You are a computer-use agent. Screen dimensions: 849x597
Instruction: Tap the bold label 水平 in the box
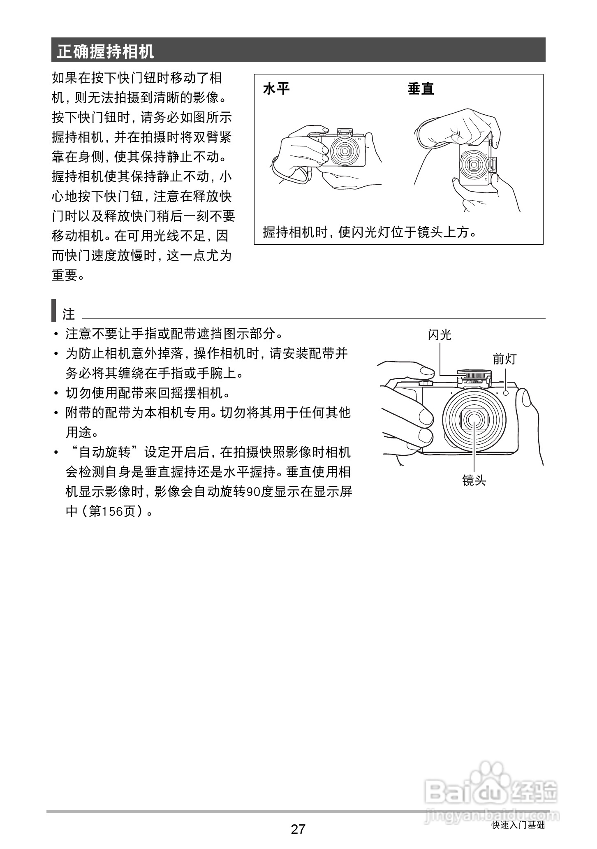(x=276, y=88)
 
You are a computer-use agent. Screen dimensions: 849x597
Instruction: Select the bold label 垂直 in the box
(x=421, y=88)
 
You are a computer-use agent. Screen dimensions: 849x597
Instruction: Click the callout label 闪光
(x=439, y=335)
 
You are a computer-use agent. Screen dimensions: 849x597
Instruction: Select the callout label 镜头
(x=474, y=480)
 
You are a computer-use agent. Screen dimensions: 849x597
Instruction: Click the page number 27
(x=298, y=828)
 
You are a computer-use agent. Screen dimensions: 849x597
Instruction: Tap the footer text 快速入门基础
(x=518, y=825)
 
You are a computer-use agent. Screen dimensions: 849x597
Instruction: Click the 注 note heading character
(x=68, y=314)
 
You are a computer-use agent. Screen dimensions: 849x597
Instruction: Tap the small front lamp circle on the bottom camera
(x=506, y=393)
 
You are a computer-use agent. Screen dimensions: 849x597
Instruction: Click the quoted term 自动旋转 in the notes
(x=105, y=452)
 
